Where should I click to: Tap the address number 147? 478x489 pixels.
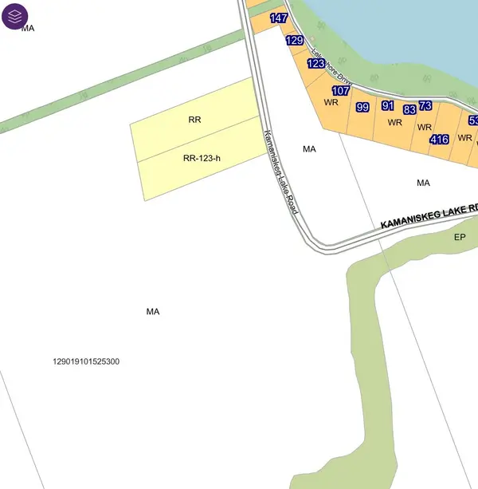tap(279, 18)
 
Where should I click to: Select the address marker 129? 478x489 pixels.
tap(294, 40)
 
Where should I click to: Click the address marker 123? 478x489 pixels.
tap(316, 63)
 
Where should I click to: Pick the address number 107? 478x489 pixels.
tap(340, 90)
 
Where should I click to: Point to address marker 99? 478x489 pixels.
tap(362, 107)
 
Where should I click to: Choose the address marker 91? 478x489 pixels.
tap(388, 105)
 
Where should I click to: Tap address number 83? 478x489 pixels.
tap(409, 109)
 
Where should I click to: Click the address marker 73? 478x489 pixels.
tap(425, 105)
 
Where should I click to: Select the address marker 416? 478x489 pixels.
tap(439, 139)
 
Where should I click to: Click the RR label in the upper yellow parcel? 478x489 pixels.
tap(194, 120)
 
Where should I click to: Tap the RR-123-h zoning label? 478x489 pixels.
tap(201, 158)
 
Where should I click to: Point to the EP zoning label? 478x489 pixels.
tap(459, 237)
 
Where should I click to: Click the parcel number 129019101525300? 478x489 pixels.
tap(86, 361)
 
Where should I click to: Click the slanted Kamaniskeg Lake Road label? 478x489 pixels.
tap(280, 171)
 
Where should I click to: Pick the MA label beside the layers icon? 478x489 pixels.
tap(29, 28)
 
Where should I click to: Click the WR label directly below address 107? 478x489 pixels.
tap(331, 102)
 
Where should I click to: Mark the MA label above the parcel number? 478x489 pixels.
tap(153, 311)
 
